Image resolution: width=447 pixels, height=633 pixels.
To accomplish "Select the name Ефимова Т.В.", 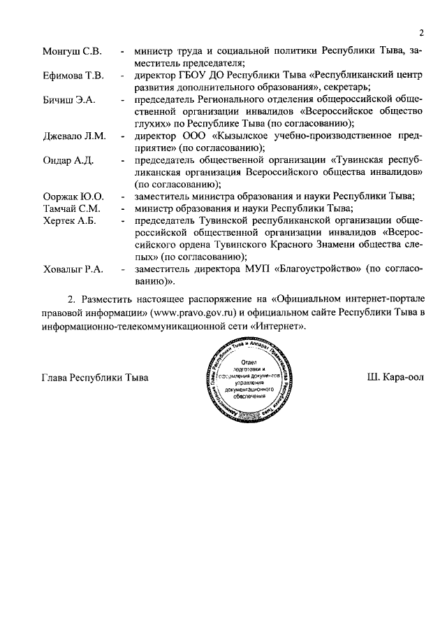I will coord(73,75).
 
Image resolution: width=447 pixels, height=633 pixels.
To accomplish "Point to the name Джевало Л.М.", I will coord(74,136).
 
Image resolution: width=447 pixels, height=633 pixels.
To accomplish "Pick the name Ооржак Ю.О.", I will coord(73,196).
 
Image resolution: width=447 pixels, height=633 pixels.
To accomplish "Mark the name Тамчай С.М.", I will coord(71,208).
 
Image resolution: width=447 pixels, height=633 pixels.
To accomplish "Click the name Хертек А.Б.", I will coord(69,220).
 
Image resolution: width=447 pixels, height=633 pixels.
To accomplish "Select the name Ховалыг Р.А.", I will coord(73,269).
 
